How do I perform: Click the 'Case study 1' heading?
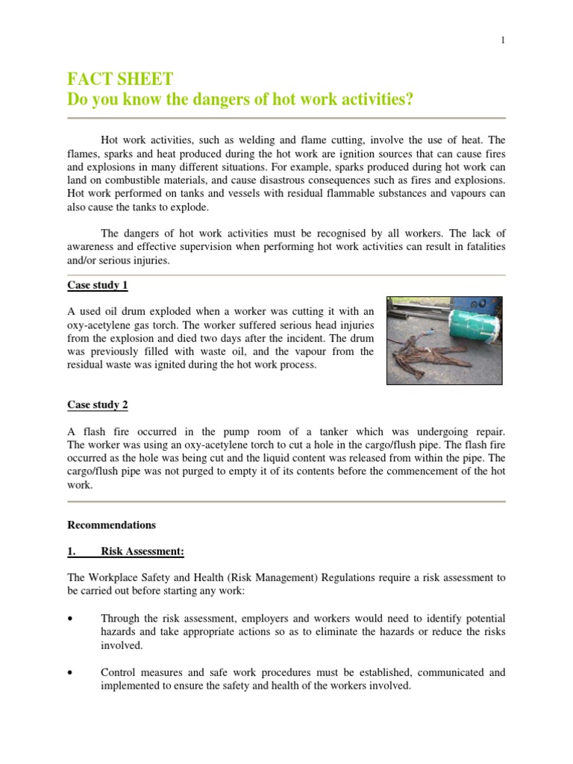coord(97,286)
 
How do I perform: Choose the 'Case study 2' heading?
coord(97,405)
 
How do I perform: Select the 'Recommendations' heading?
coord(111,525)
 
